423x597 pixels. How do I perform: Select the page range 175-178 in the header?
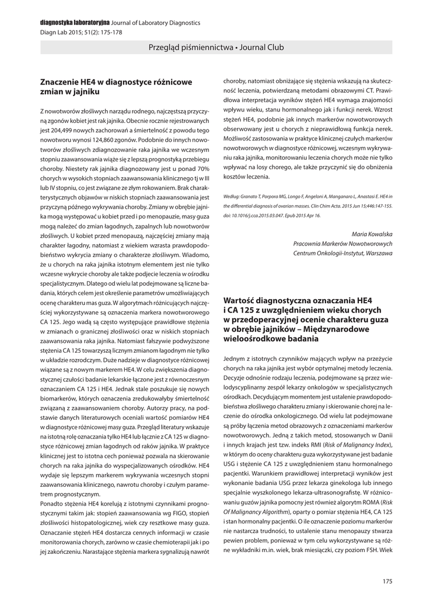coord(110,33)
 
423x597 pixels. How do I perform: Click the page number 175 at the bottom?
coord(387,580)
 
